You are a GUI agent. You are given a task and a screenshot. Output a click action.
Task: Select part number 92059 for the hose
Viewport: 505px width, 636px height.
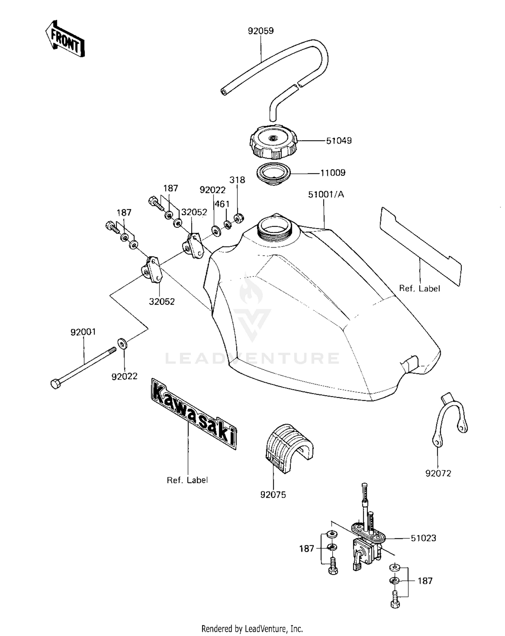261,31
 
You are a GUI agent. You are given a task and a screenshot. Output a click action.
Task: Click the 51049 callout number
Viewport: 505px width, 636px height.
339,141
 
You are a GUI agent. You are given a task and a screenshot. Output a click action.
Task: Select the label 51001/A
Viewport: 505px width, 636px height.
326,194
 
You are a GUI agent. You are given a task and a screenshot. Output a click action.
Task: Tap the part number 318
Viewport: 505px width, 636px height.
237,180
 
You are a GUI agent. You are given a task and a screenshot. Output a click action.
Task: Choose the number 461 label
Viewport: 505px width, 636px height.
222,204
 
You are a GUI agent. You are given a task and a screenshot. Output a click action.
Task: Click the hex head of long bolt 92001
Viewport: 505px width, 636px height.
55,383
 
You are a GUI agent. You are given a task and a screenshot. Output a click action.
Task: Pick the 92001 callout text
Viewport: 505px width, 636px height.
83,332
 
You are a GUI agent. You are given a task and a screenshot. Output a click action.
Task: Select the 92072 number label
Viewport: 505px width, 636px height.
438,473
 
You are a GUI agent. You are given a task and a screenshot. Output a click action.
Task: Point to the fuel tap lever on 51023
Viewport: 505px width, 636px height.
358,563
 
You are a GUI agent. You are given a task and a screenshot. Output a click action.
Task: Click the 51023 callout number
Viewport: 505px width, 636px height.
423,538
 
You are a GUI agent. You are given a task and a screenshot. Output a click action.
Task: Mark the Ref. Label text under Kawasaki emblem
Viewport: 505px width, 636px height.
187,480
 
